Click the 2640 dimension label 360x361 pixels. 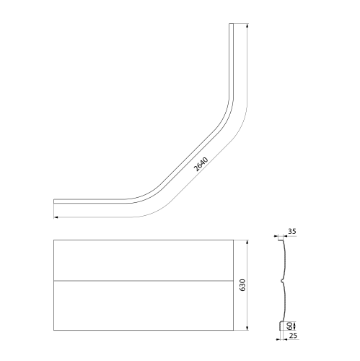[201, 164]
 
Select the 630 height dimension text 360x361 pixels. [242, 285]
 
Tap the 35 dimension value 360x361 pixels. [292, 232]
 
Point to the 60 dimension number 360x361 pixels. [290, 326]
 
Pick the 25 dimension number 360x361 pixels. [293, 335]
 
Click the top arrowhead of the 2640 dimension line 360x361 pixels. [247, 25]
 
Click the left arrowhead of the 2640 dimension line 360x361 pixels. [56, 217]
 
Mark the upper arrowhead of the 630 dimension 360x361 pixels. [247, 242]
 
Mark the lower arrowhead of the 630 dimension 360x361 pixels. [247, 328]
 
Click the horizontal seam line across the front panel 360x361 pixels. [144, 281]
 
